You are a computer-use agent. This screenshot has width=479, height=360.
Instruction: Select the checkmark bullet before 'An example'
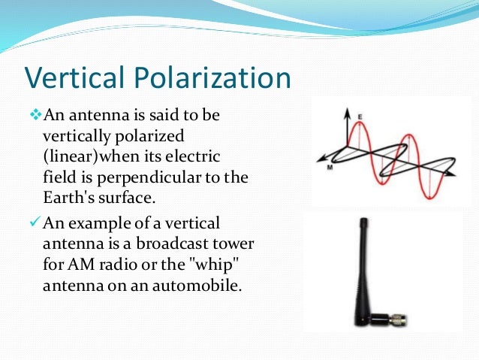click(35, 223)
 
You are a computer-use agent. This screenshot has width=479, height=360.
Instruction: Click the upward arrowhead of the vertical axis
click(348, 112)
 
